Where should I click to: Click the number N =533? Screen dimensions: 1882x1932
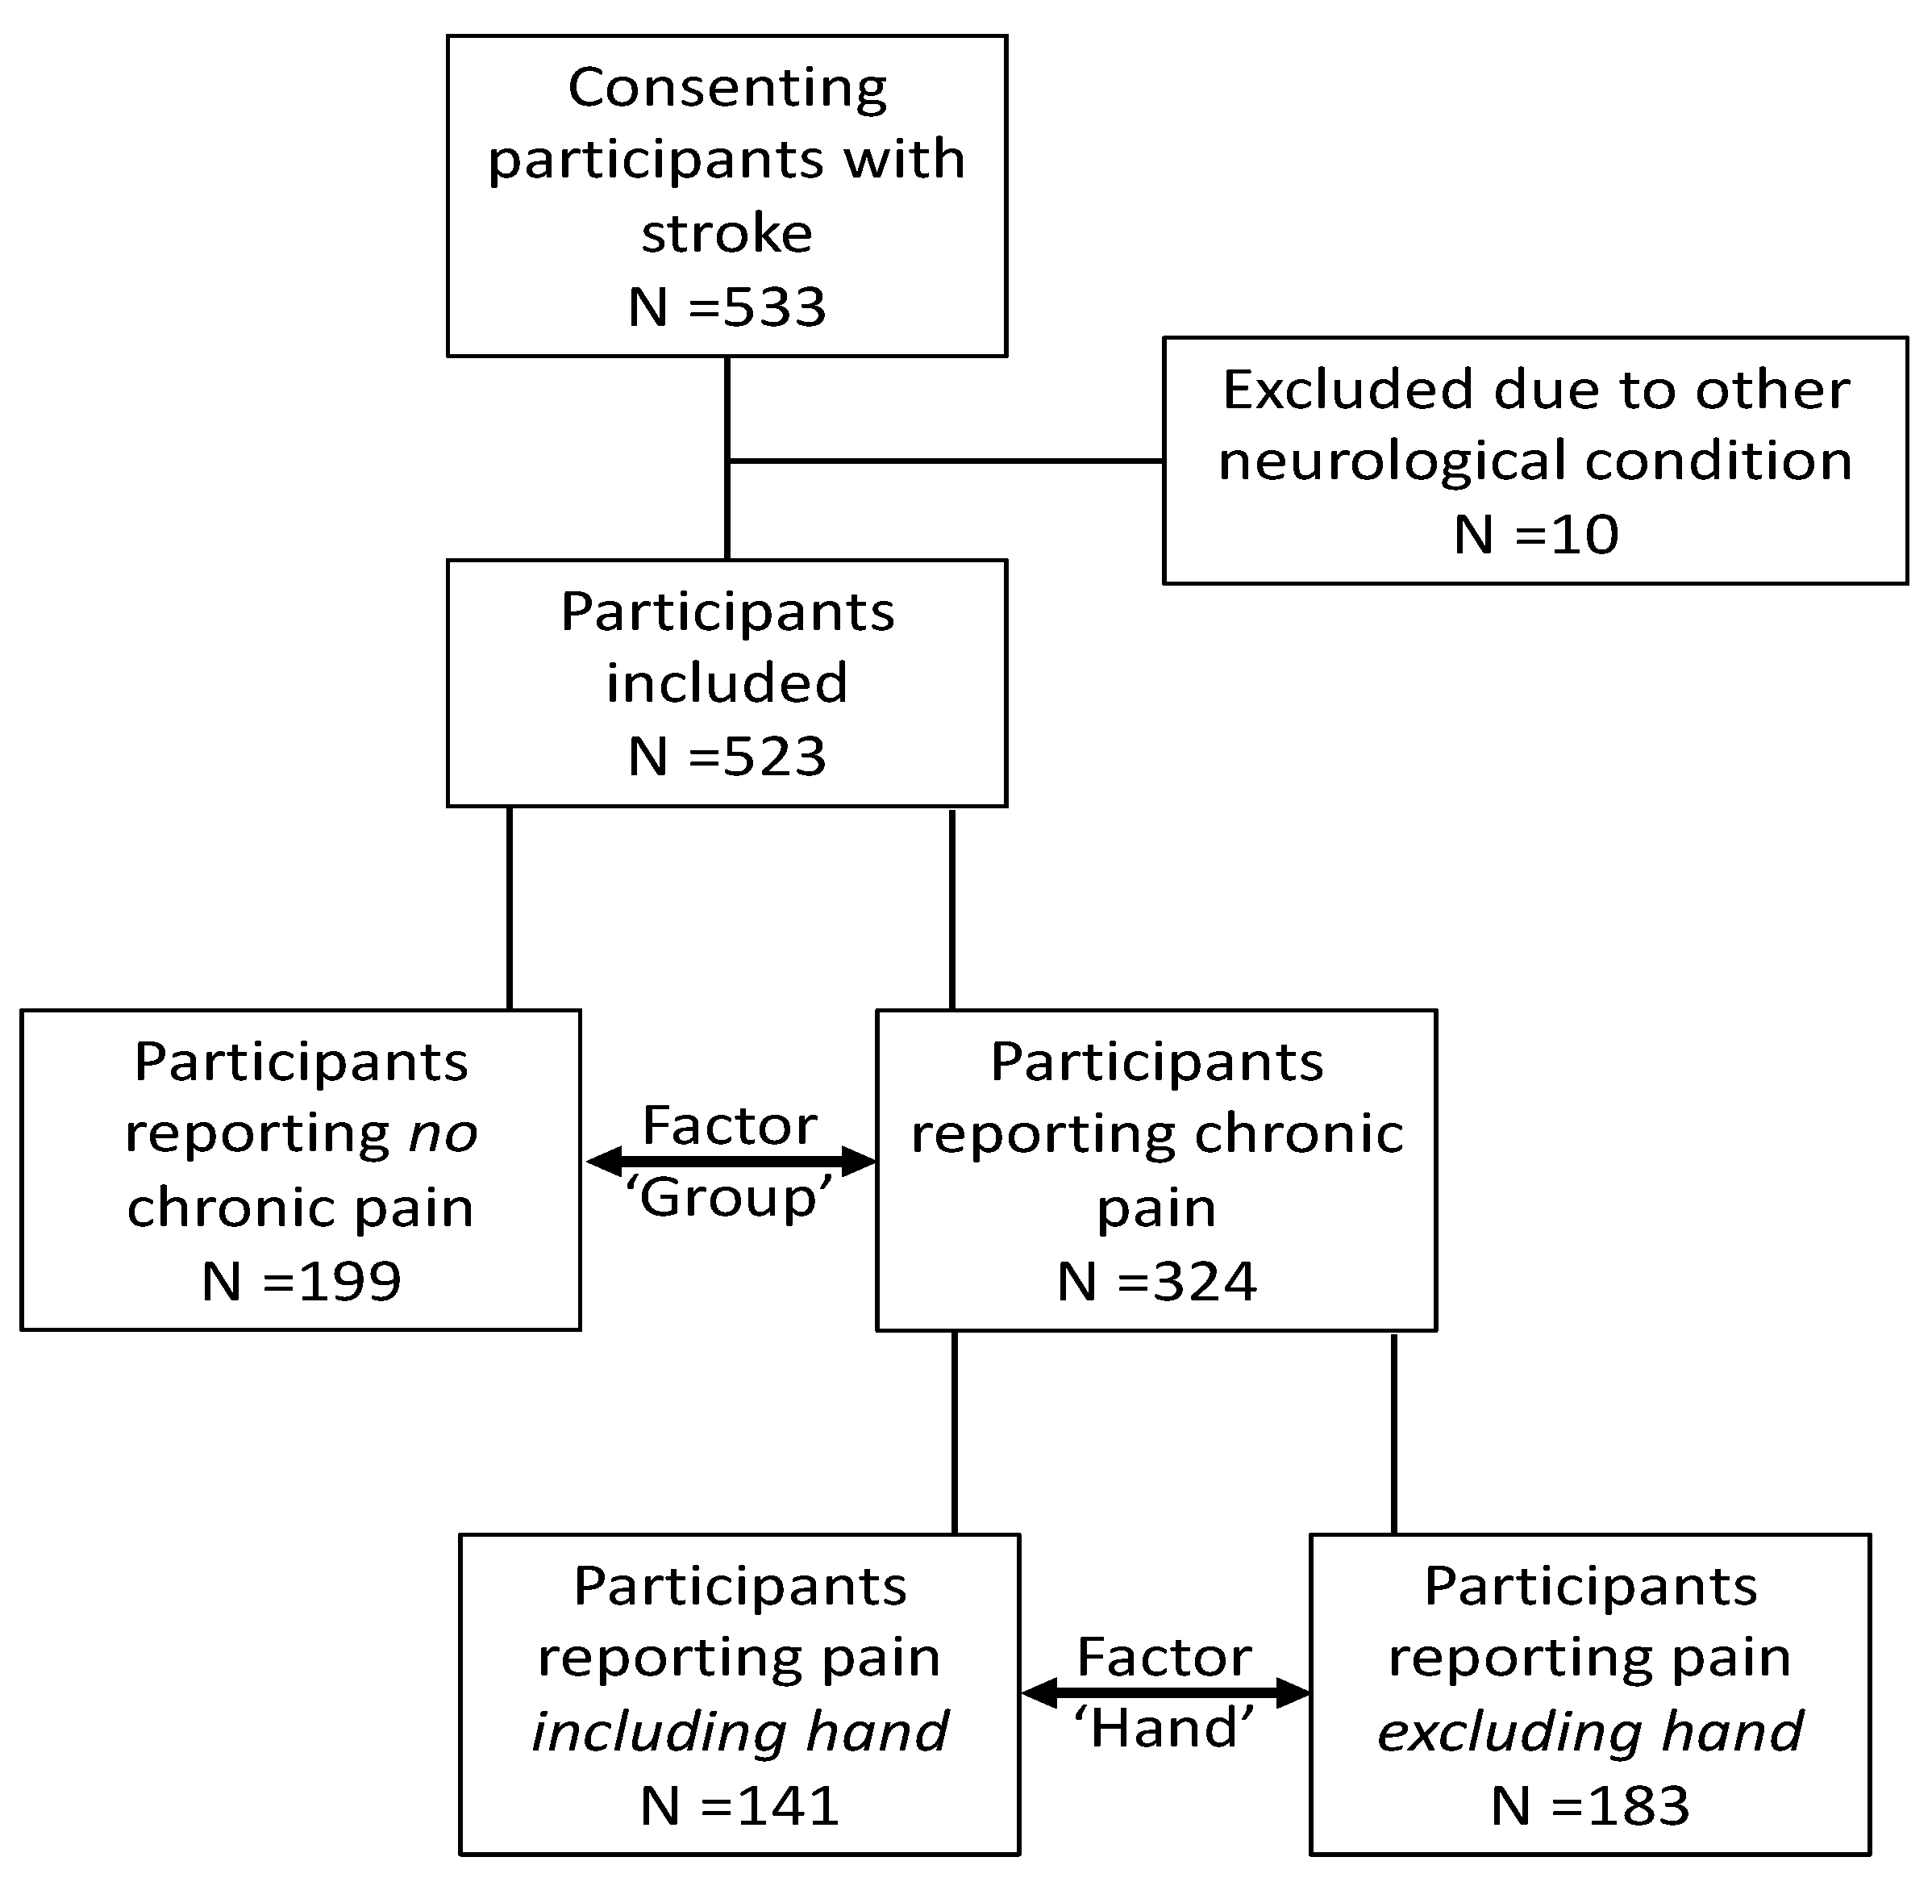[x=727, y=307]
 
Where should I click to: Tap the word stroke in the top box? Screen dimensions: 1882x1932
[x=727, y=234]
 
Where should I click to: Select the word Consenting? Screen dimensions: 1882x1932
[x=727, y=89]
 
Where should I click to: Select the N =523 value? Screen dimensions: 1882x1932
[x=727, y=757]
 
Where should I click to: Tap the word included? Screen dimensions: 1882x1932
[x=727, y=683]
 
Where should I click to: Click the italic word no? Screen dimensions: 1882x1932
[x=443, y=1133]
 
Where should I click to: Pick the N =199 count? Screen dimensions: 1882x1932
[x=301, y=1281]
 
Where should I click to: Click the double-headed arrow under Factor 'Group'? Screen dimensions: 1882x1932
[x=731, y=1162]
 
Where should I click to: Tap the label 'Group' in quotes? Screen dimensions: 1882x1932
[x=731, y=1198]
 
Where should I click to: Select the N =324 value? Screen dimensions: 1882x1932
[x=1156, y=1281]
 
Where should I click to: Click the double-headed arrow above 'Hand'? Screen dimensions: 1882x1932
[x=1164, y=1693]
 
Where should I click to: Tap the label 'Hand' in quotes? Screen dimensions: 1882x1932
[x=1164, y=1728]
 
